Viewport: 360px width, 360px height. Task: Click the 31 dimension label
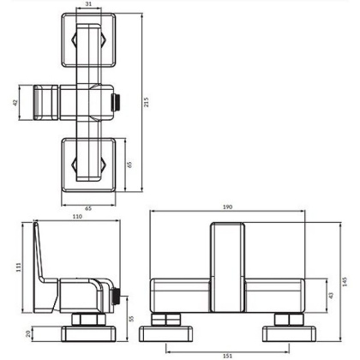[91, 5]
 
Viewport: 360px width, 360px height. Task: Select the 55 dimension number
[129, 317]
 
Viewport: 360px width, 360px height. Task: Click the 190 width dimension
[226, 207]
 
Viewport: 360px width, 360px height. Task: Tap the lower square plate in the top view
[90, 164]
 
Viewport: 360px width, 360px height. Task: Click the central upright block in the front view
[226, 266]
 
